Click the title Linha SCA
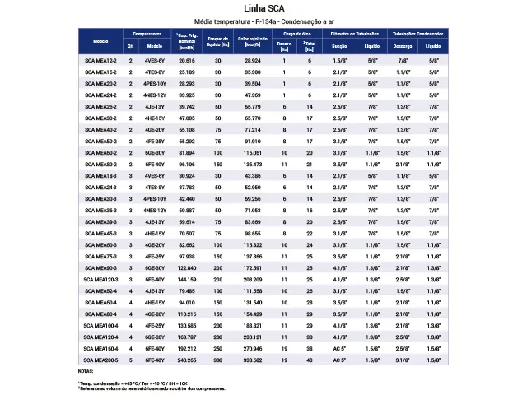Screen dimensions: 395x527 263,9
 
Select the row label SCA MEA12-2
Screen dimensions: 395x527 101,61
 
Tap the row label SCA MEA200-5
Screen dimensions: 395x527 101,360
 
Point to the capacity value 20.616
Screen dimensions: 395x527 187,61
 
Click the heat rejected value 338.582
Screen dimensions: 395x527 253,360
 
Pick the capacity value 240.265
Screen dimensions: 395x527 187,360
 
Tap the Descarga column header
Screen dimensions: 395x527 403,46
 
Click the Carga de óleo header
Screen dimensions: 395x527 297,33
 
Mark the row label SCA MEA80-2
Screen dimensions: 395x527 101,165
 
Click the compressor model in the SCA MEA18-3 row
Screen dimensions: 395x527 154,176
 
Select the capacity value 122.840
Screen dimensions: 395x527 187,268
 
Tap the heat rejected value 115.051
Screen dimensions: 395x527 253,153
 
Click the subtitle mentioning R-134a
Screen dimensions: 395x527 263,21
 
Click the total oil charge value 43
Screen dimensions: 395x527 310,360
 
